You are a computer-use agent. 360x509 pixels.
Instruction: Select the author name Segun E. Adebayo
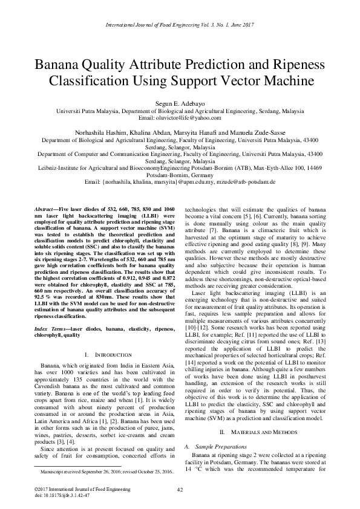[x=180, y=104]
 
